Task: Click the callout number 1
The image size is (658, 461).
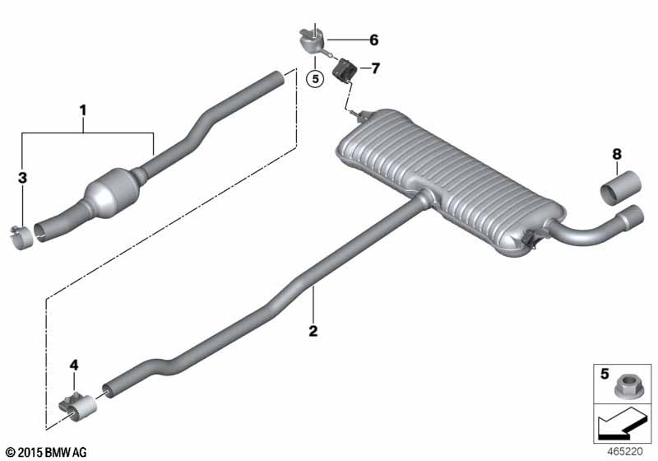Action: point(83,111)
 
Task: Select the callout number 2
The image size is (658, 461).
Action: point(313,331)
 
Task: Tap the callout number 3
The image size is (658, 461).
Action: point(22,178)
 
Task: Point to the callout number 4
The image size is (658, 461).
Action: point(74,366)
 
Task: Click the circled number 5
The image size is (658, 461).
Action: point(315,78)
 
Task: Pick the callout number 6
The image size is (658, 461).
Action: point(374,40)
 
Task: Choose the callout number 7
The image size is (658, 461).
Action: point(375,68)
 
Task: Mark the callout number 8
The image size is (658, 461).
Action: point(616,154)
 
